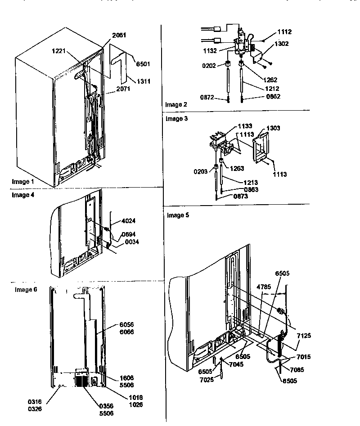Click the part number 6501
pyautogui.click(x=144, y=64)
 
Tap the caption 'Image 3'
pyautogui.click(x=175, y=119)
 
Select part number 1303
pyautogui.click(x=273, y=128)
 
